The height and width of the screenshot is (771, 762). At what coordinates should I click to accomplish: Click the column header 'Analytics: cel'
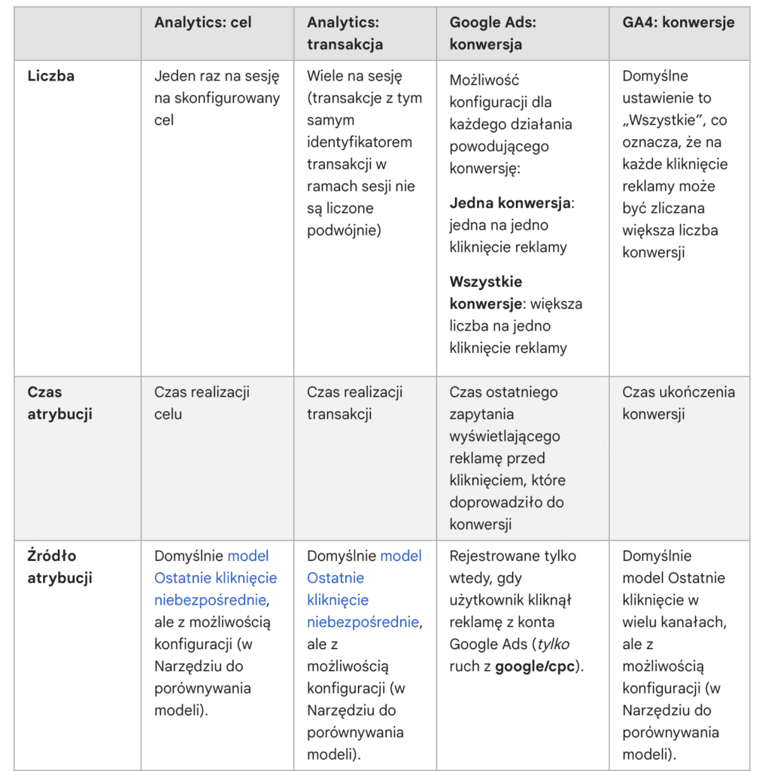point(203,22)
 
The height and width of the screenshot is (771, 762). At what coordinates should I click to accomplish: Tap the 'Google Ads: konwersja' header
point(493,33)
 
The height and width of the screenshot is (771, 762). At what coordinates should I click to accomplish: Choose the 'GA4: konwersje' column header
point(679,22)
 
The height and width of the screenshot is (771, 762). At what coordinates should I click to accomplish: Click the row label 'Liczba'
point(51,75)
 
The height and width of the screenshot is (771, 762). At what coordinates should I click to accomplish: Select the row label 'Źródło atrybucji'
point(59,567)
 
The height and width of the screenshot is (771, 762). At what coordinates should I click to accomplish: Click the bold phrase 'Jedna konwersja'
point(510,203)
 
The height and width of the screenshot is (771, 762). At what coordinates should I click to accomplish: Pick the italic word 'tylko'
point(553,644)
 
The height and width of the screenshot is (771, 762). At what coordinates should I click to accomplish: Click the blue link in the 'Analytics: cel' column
point(215,578)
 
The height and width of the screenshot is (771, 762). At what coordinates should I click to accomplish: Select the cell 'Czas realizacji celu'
point(202,403)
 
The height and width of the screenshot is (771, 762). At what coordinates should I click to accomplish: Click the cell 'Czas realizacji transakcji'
point(354,403)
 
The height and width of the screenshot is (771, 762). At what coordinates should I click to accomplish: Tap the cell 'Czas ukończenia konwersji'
point(679,403)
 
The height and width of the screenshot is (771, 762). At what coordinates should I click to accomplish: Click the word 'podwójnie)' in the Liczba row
point(344,230)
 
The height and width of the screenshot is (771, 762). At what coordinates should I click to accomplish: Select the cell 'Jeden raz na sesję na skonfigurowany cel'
point(217,98)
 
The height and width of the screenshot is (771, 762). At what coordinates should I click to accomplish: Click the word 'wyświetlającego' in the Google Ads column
point(505,436)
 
